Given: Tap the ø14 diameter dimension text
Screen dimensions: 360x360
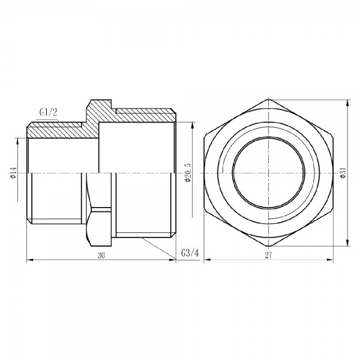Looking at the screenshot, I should pos(13,173).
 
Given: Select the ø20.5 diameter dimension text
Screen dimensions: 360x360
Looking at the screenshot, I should pos(188,173).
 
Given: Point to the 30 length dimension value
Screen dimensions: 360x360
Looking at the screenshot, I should pos(102,256).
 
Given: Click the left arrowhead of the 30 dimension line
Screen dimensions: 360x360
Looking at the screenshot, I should pos(30,261).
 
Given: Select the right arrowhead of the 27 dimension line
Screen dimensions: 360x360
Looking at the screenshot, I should pos(332,261).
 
